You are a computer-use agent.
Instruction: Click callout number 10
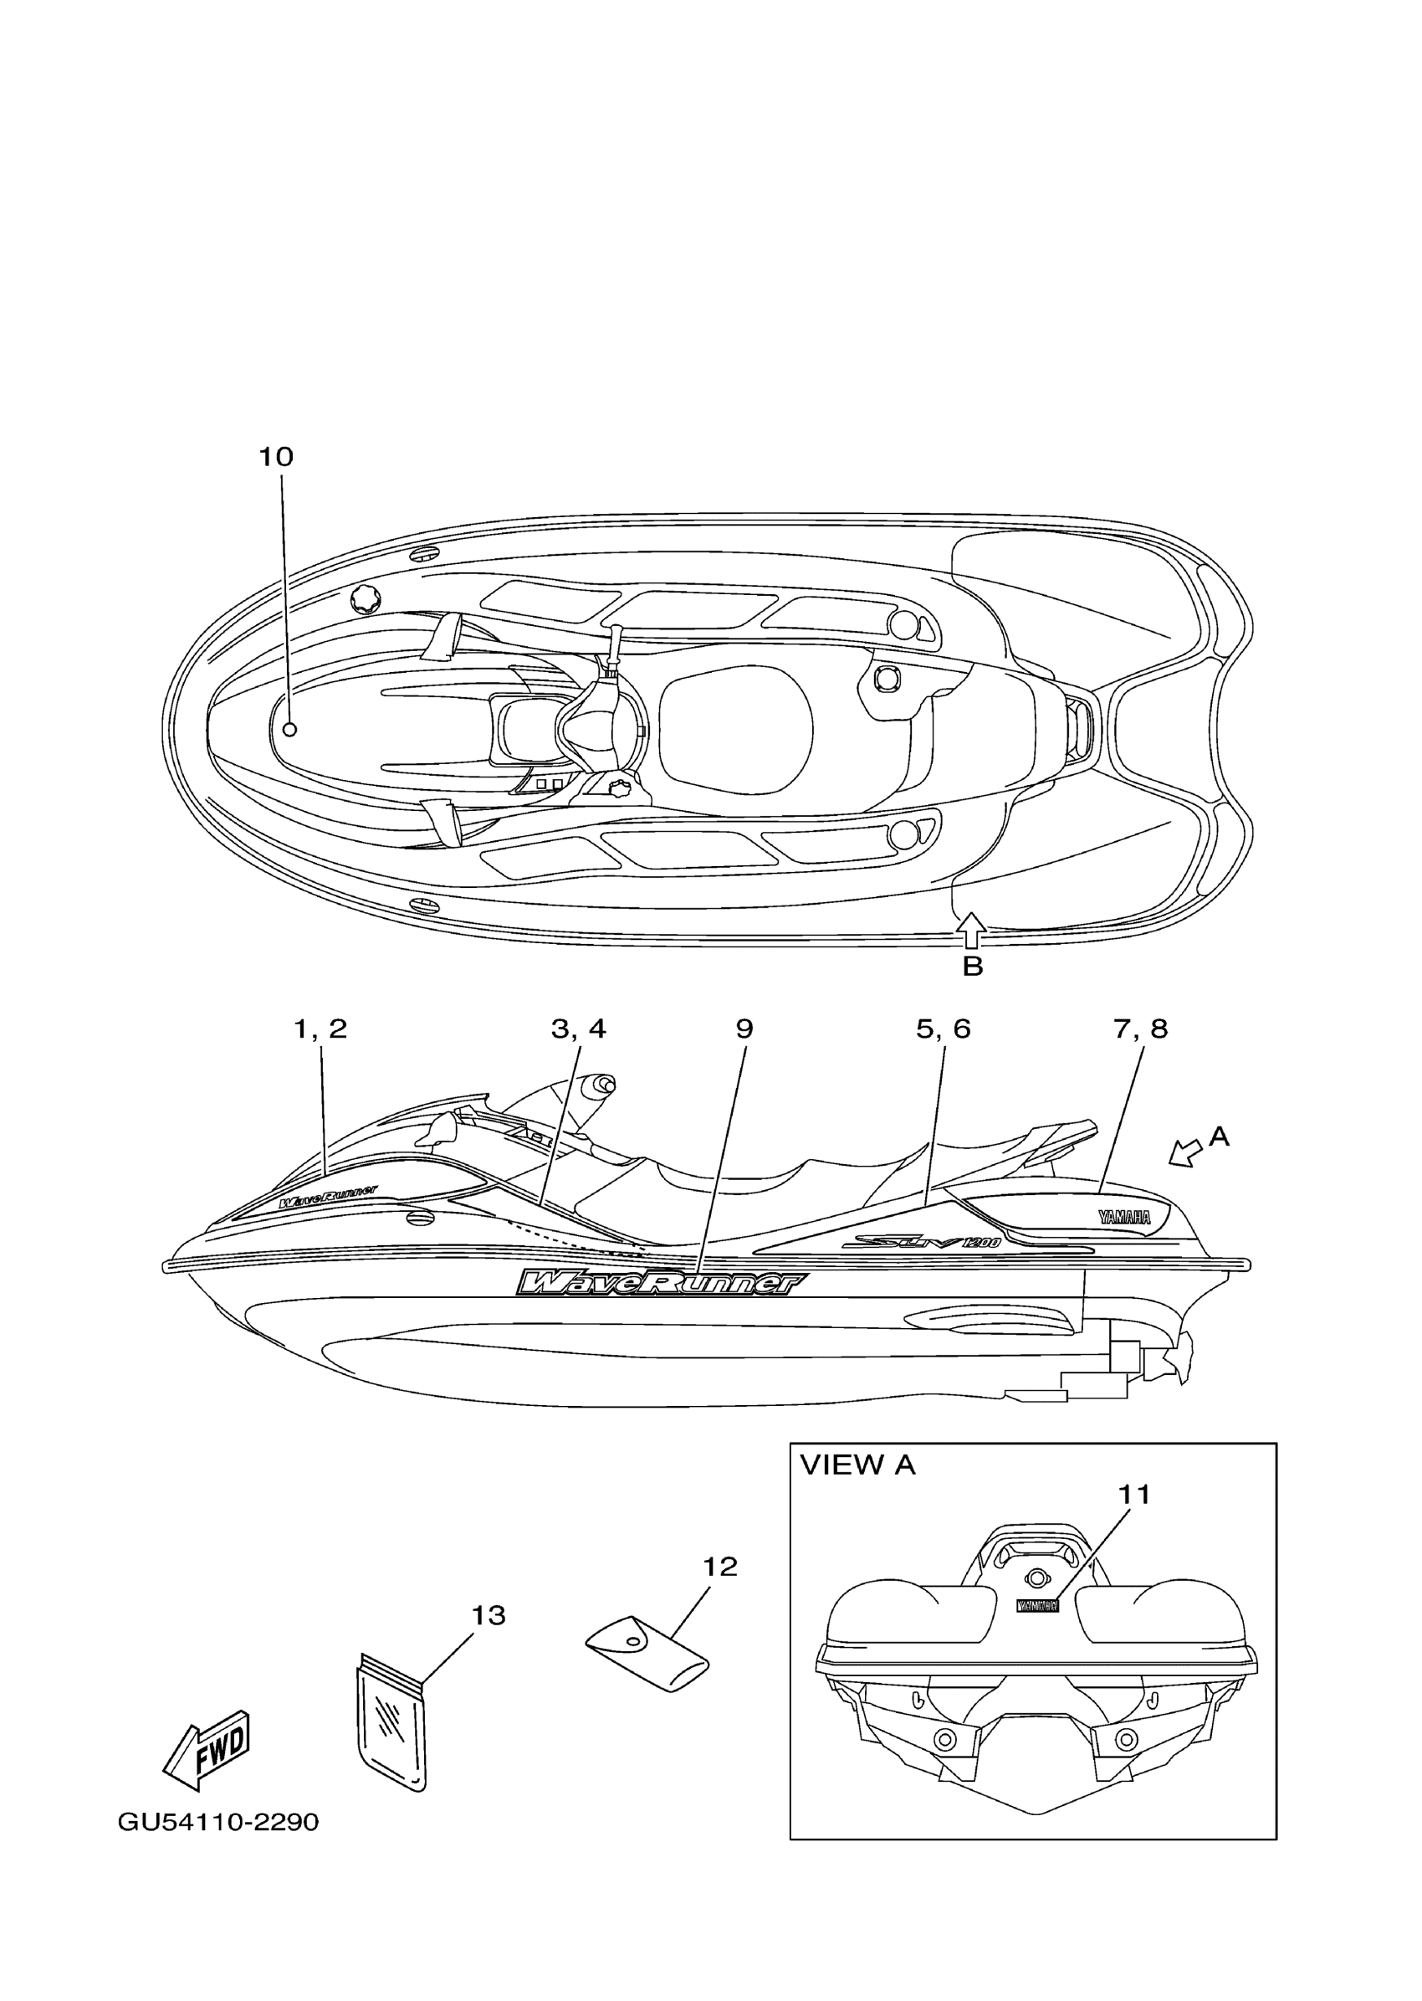click(276, 456)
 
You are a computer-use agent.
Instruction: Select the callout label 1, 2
click(320, 1029)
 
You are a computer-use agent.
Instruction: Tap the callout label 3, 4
click(578, 1029)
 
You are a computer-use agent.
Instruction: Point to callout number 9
click(744, 1029)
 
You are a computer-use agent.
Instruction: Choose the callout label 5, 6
click(943, 1029)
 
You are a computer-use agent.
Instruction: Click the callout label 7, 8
click(1140, 1029)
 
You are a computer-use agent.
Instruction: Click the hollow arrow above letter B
click(972, 931)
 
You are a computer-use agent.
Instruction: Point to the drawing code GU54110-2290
click(218, 1821)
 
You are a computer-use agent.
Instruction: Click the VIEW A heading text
click(857, 1464)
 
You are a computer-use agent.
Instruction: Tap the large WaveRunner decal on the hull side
click(661, 1283)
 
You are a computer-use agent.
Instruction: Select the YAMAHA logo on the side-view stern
click(1124, 1217)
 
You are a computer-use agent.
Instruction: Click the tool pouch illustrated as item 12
click(648, 1650)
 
